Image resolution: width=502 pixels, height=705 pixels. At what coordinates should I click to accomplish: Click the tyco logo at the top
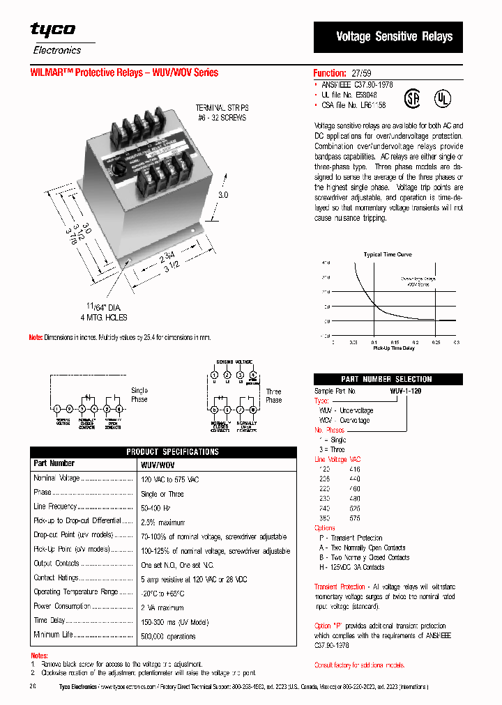pos(52,29)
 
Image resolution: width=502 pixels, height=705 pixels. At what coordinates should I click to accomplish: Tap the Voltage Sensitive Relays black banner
pos(394,36)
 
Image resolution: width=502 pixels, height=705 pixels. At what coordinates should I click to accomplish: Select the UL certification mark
pos(441,97)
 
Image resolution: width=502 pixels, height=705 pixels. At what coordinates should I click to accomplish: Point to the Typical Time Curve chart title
pos(388,255)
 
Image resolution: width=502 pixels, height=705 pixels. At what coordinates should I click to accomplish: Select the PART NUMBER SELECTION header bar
pos(387,380)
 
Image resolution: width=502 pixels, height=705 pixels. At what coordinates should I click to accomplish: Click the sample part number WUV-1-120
pos(405,392)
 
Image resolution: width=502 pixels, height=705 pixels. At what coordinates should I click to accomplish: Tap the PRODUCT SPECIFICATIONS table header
pos(173,452)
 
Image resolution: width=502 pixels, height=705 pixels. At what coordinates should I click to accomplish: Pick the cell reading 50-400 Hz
pos(156,508)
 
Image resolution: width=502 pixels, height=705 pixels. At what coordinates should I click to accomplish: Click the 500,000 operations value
pos(169,636)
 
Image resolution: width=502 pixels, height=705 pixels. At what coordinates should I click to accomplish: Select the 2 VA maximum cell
pos(162,608)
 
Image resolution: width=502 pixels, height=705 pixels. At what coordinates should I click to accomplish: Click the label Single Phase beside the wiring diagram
pos(139,395)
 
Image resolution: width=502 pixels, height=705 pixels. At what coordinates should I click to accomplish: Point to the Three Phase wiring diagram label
pos(273,396)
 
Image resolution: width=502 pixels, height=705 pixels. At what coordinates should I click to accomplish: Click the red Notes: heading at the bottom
pos(40,656)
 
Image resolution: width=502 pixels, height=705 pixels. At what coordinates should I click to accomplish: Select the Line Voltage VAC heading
pos(337,460)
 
